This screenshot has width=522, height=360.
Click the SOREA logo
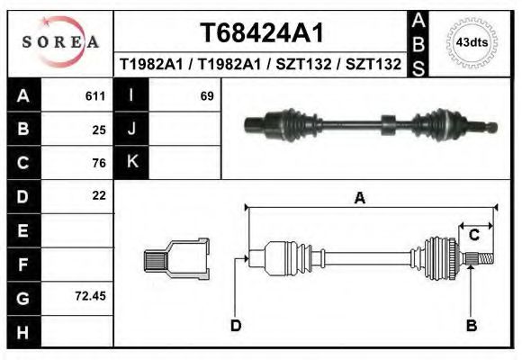60,42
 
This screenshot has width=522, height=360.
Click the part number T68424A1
261,33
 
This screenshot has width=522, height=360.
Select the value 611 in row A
95,95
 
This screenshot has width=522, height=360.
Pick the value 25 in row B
99,129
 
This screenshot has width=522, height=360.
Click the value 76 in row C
99,163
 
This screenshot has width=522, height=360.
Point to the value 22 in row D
99,195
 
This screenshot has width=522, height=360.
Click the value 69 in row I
206,95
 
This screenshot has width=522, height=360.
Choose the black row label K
131,162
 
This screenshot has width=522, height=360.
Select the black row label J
131,129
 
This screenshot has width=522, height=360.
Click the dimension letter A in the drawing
359,199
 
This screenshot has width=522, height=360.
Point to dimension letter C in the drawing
473,236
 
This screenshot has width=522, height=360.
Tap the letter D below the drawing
235,325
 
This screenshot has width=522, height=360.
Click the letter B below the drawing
471,325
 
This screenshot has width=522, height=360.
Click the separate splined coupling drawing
176,261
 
